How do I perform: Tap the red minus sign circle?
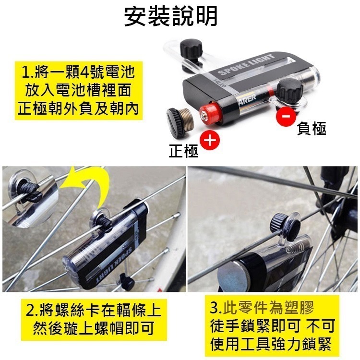pyautogui.click(x=286, y=116)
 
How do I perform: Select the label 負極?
pyautogui.click(x=312, y=129)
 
